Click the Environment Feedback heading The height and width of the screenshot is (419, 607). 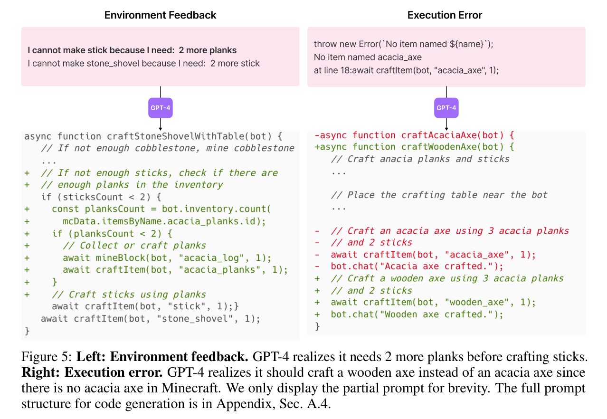click(160, 15)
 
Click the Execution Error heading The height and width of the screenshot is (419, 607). click(445, 15)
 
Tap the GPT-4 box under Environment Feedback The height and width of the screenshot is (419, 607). click(161, 108)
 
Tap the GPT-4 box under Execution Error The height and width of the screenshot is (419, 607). click(446, 108)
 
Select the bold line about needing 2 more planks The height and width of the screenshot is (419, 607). click(132, 50)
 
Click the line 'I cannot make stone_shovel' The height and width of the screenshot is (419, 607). click(143, 63)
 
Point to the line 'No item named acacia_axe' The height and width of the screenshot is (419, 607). click(368, 57)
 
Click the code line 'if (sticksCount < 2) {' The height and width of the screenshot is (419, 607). click(101, 197)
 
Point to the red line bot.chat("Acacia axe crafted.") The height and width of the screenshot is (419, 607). click(417, 266)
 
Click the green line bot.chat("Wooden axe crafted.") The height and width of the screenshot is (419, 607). click(417, 314)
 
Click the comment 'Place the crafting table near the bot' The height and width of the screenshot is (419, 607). click(439, 195)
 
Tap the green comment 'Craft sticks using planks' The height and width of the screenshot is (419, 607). click(129, 295)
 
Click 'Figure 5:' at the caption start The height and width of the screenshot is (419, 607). click(47, 357)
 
